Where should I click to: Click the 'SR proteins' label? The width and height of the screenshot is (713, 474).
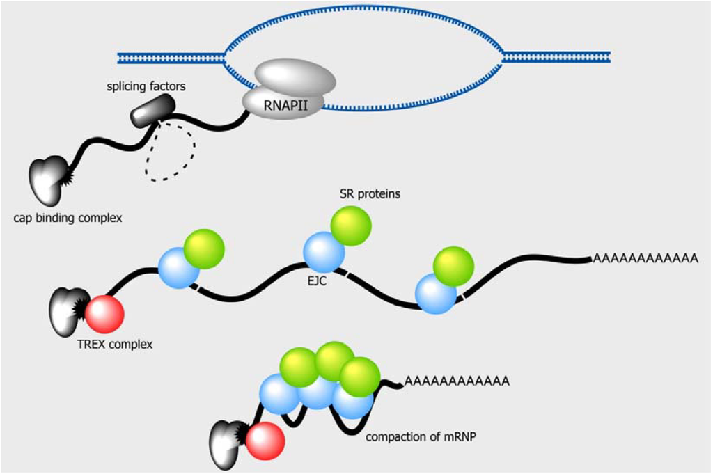point(366,194)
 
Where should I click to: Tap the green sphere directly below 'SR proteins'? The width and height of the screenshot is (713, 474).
point(350,226)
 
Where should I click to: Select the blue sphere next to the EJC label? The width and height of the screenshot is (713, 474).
point(324,252)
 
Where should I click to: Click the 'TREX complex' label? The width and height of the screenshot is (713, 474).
point(115,344)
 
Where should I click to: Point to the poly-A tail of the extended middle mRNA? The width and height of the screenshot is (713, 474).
point(645,259)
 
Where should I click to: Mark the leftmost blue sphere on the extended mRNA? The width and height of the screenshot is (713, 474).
point(179,268)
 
